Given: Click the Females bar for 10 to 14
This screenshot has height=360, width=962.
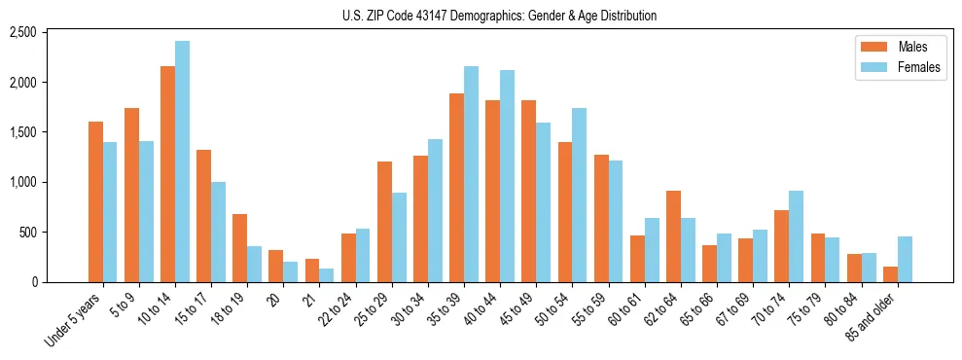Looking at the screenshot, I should pyautogui.click(x=182, y=162).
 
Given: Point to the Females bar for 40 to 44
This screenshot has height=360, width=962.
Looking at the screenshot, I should pyautogui.click(x=508, y=176).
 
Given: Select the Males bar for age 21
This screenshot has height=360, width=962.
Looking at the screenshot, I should pyautogui.click(x=312, y=270).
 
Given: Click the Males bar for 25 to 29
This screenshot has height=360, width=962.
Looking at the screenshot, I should pyautogui.click(x=384, y=222).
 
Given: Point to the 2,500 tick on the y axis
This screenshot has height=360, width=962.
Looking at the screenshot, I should pyautogui.click(x=50, y=32).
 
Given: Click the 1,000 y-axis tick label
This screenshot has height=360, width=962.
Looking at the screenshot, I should pyautogui.click(x=50, y=182).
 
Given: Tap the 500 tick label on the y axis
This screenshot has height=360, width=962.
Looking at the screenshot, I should pyautogui.click(x=53, y=233).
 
